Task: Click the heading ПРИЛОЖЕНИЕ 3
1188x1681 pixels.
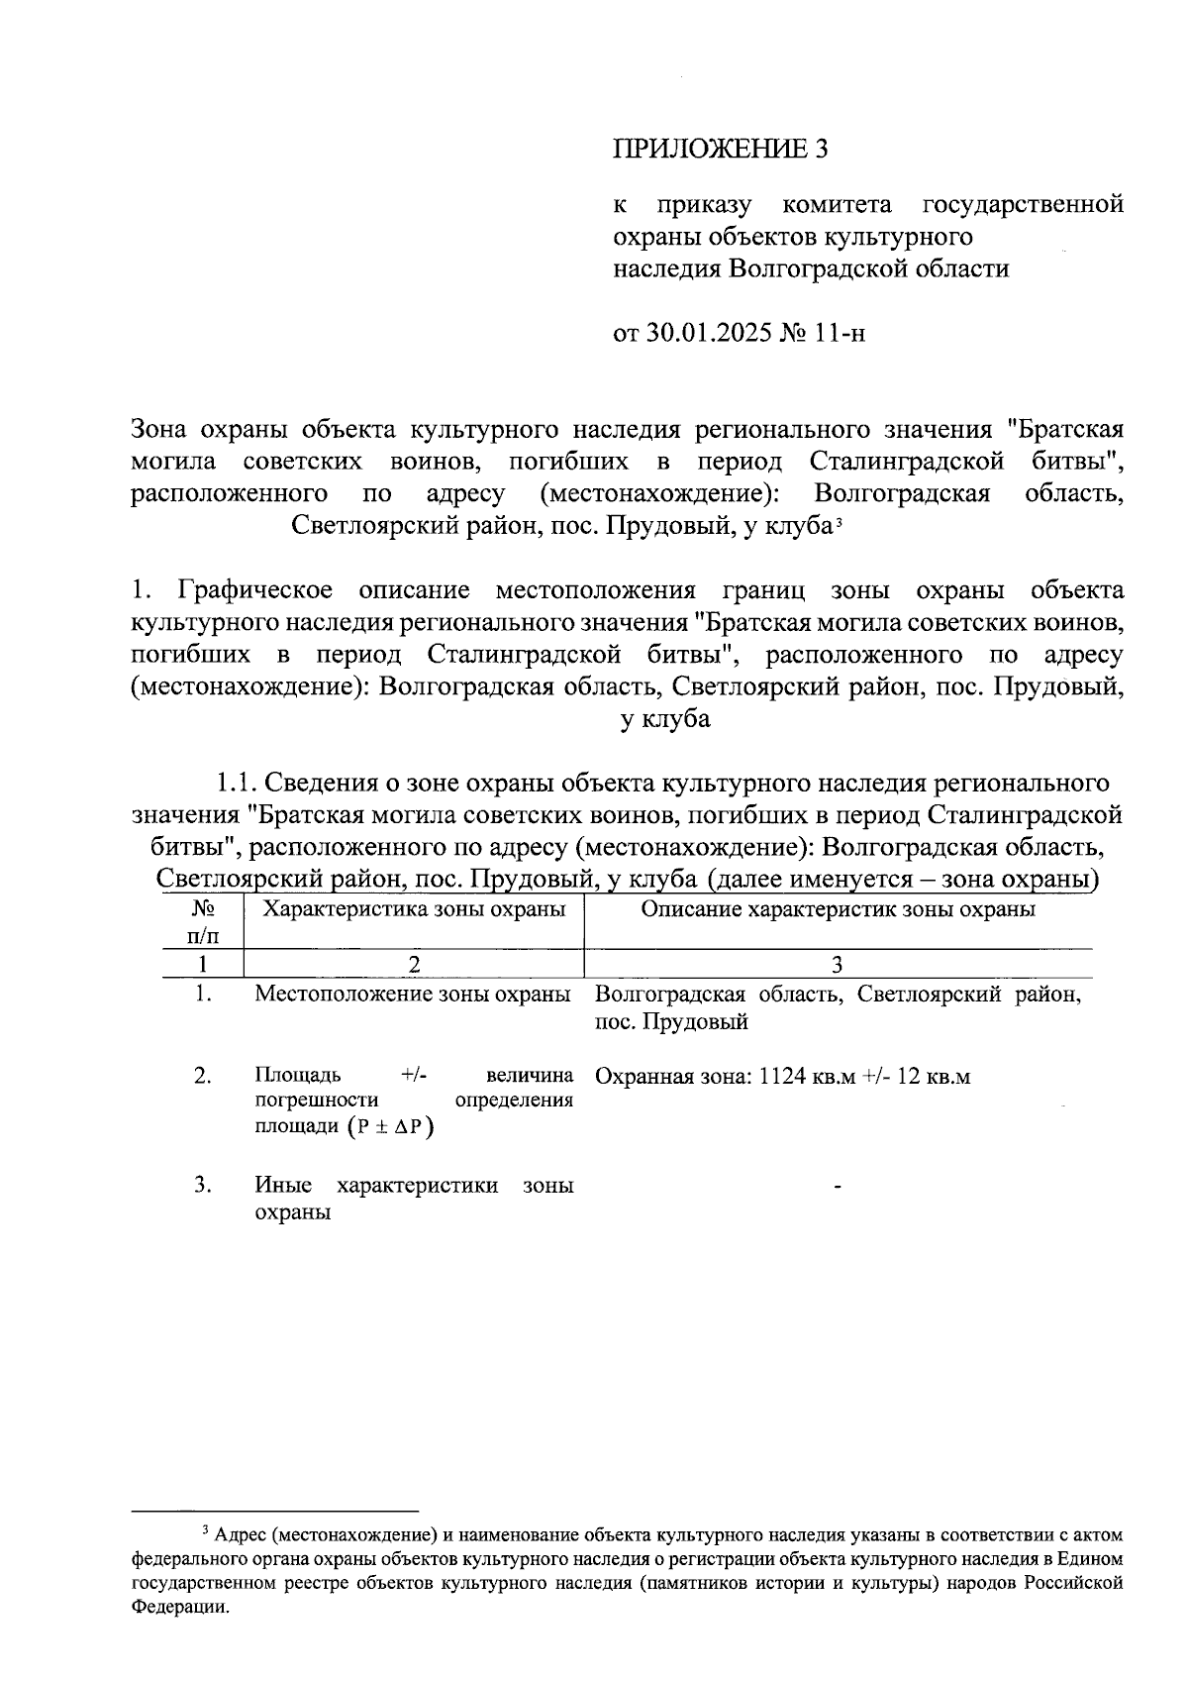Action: pos(720,149)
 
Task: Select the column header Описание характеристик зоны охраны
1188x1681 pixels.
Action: pos(838,909)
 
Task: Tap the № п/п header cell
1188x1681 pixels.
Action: pos(202,921)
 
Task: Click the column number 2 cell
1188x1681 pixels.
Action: pos(413,964)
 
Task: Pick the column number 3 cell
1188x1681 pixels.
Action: pos(838,964)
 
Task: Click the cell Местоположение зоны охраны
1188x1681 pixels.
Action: pos(413,994)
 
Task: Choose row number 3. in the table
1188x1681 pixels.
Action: pos(203,1185)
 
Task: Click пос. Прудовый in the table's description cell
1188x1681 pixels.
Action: pos(670,1022)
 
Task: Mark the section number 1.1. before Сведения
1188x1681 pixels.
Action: pos(238,784)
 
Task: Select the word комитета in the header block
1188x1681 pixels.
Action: pos(836,205)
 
